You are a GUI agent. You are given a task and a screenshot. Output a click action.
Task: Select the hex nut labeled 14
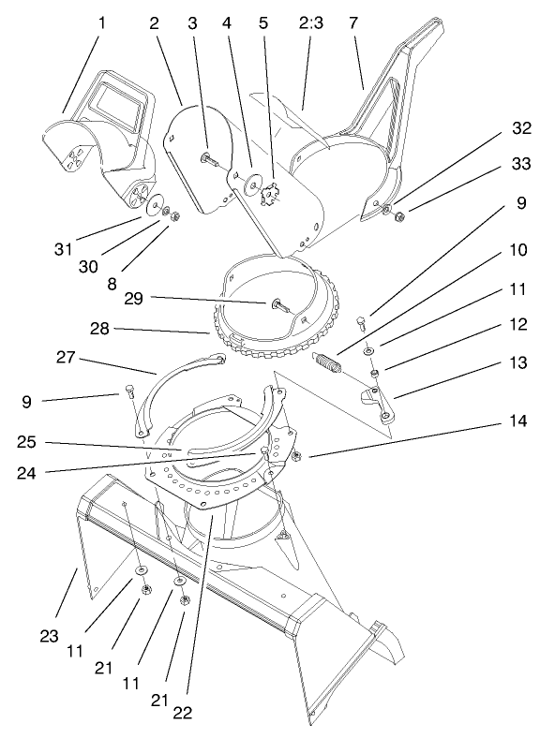(x=295, y=456)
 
